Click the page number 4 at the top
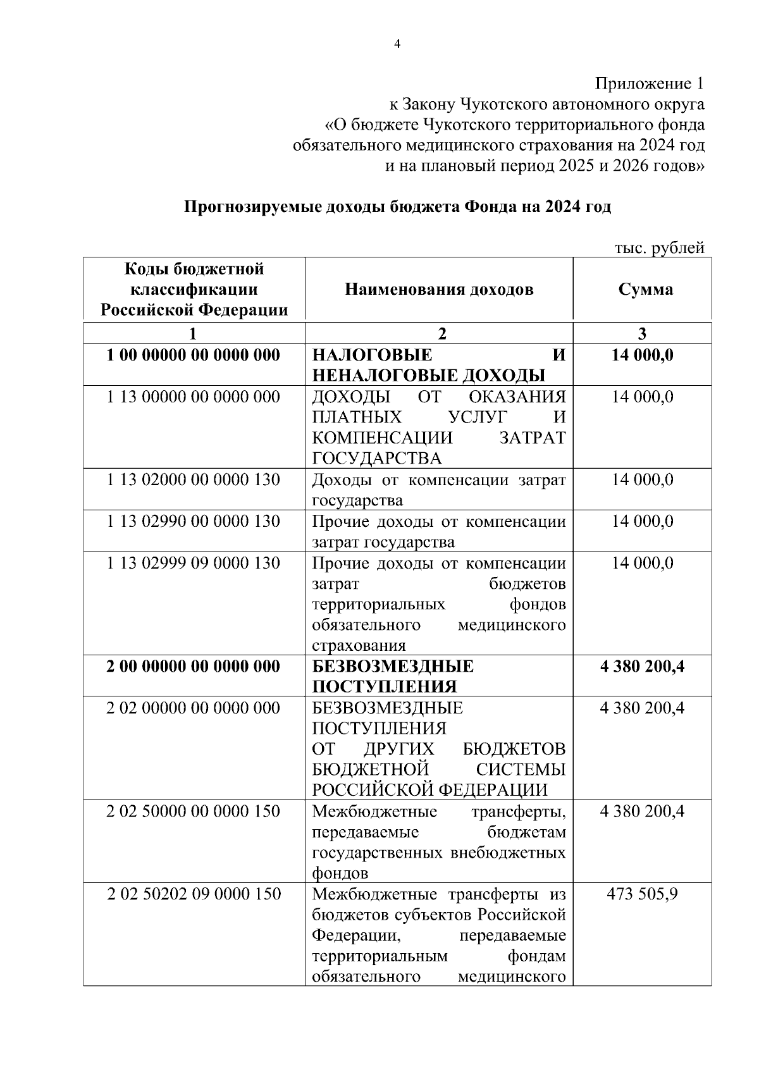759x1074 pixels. point(397,44)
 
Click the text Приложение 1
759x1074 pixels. point(649,83)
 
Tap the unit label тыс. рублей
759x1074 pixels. point(659,248)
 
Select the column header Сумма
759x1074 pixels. point(645,290)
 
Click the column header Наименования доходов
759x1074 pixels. point(439,290)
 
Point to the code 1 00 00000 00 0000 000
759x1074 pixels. point(194,355)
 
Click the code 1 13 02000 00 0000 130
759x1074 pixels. point(194,480)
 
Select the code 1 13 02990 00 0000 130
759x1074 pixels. point(194,522)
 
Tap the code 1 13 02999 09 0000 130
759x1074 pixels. point(194,563)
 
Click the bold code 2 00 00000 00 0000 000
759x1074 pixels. point(194,667)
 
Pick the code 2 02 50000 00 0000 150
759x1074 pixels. point(194,812)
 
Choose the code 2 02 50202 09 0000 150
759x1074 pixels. point(194,894)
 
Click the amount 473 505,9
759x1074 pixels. point(642,894)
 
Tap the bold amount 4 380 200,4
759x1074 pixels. point(642,667)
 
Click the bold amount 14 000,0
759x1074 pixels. point(642,355)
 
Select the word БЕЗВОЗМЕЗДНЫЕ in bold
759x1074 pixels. point(393,667)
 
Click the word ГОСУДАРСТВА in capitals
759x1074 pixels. point(377,459)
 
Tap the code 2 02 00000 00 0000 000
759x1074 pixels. point(194,708)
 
